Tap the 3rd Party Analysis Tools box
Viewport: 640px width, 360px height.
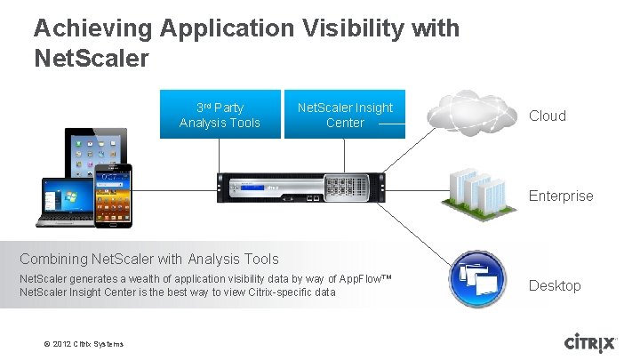pos(220,115)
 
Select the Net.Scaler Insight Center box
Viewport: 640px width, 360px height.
pos(345,115)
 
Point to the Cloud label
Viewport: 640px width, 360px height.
pos(548,116)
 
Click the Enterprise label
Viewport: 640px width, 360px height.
pos(561,196)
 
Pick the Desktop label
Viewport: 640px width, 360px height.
pos(555,285)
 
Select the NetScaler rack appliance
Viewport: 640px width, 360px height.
pos(304,189)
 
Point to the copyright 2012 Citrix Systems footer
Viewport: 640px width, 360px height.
pos(84,344)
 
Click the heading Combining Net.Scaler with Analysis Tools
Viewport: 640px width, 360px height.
pos(149,260)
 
